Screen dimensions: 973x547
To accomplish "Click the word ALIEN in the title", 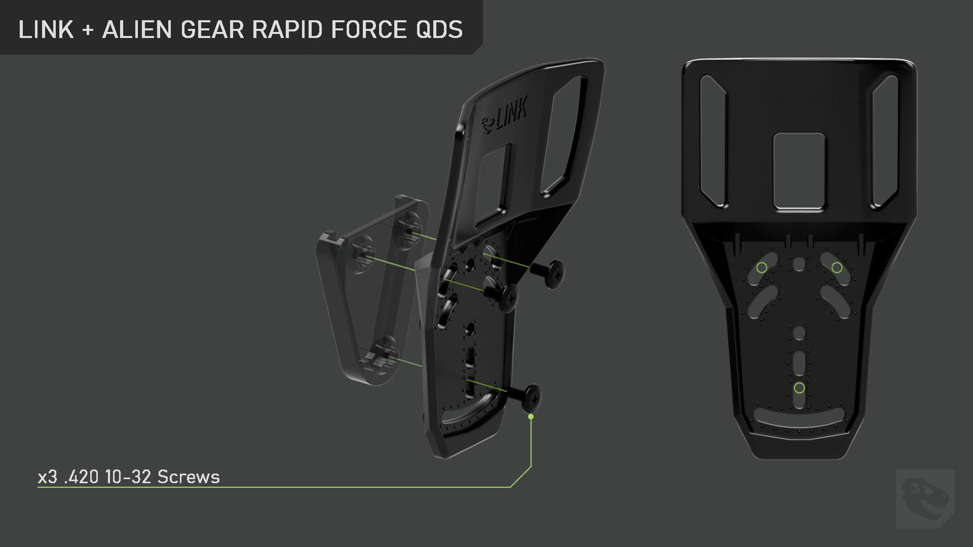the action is [137, 29].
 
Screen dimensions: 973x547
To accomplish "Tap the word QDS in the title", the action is [439, 29].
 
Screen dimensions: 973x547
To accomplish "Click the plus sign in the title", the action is [88, 30].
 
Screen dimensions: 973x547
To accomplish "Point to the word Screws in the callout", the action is [189, 477].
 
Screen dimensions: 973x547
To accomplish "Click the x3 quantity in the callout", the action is [48, 477].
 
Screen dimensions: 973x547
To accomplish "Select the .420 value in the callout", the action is [82, 477].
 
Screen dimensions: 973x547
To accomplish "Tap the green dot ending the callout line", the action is [531, 417].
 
